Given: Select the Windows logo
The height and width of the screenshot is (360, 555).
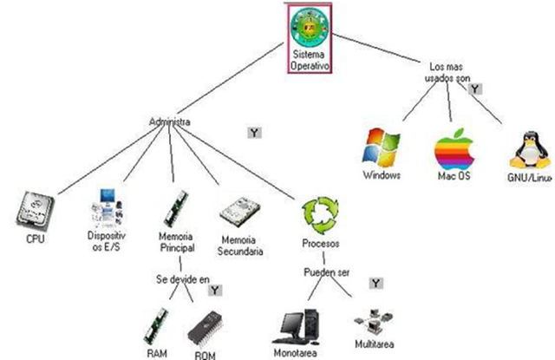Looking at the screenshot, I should click(382, 147).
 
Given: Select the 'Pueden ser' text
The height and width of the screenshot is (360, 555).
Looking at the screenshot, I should click(327, 272).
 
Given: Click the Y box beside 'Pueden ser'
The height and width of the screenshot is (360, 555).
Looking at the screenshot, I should click(375, 283).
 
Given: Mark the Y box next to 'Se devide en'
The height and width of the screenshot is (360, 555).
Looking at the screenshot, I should click(215, 291).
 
